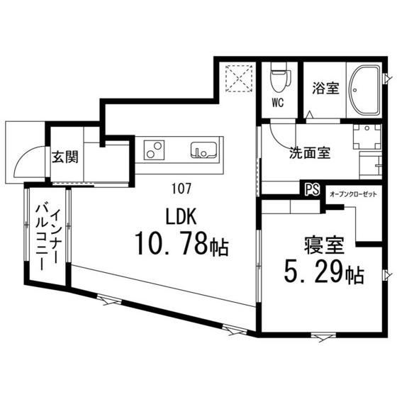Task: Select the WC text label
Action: click(x=278, y=102)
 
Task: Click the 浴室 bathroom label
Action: click(x=325, y=89)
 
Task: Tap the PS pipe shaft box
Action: click(x=311, y=189)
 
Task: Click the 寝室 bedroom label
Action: click(x=324, y=246)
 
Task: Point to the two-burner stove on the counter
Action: click(x=155, y=150)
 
